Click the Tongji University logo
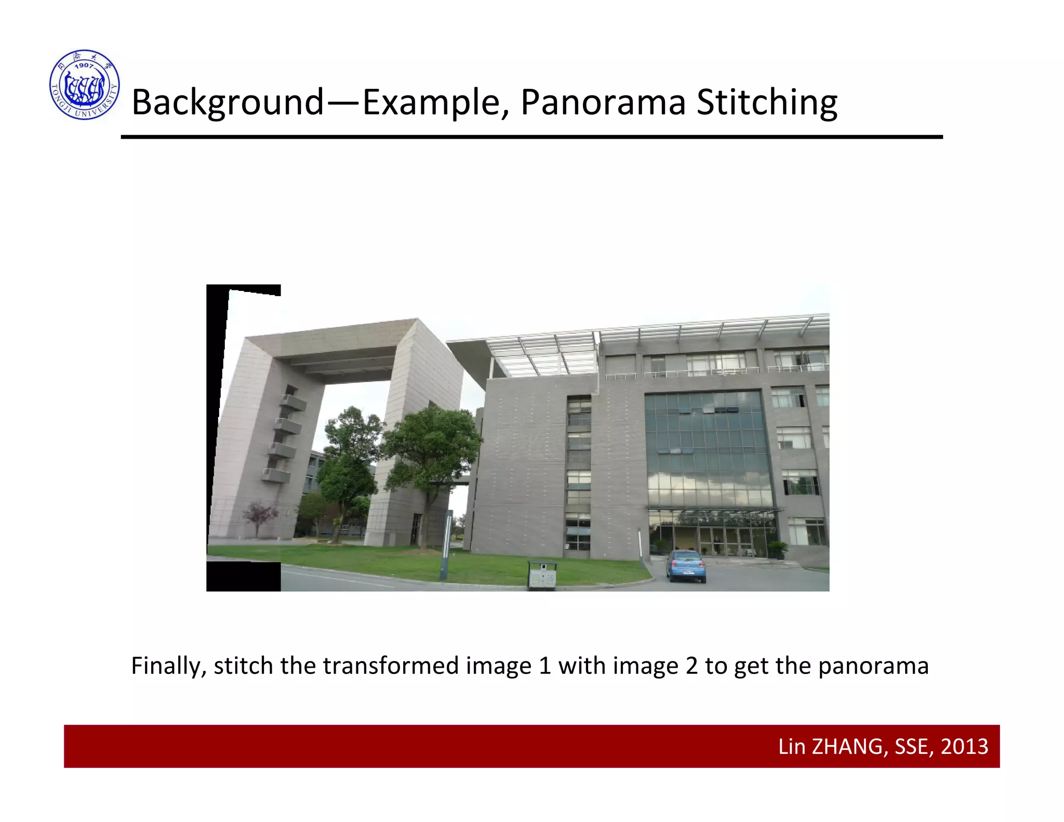(85, 85)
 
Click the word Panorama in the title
(603, 102)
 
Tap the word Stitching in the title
(767, 102)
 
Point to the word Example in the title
(431, 103)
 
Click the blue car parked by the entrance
(686, 566)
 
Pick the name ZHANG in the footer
(847, 747)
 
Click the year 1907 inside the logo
(84, 66)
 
